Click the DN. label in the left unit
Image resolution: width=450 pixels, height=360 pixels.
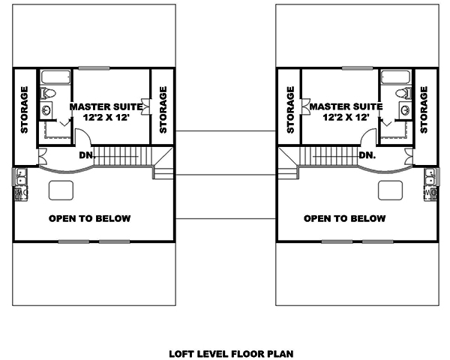click(87, 156)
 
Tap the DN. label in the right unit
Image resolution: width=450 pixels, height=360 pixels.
click(367, 156)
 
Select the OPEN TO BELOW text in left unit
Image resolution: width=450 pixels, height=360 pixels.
click(89, 219)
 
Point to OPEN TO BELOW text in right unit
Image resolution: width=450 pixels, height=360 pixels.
click(344, 219)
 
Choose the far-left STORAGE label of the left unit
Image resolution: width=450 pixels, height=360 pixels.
click(24, 110)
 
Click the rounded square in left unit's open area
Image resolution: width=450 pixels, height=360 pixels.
click(60, 190)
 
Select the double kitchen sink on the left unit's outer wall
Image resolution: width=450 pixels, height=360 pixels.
click(18, 178)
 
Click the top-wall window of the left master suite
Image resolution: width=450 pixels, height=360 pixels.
click(94, 68)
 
